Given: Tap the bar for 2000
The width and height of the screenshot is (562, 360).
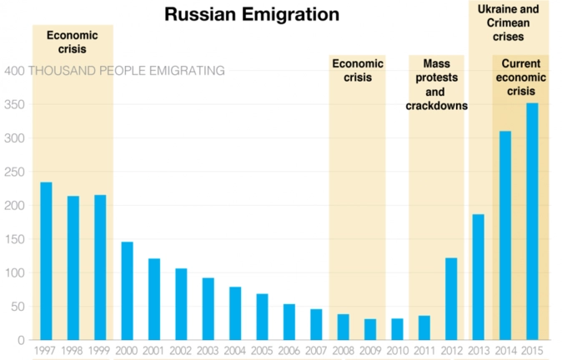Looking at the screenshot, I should pyautogui.click(x=127, y=291).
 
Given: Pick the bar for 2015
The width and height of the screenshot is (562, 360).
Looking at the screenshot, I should pyautogui.click(x=532, y=222).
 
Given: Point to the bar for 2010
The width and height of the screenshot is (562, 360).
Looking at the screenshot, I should pyautogui.click(x=397, y=329).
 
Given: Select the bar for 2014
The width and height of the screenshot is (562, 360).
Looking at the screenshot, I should pyautogui.click(x=505, y=235).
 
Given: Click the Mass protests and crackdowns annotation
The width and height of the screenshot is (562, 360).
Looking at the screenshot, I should pyautogui.click(x=436, y=85).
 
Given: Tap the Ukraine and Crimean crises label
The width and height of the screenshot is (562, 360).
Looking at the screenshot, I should pyautogui.click(x=508, y=23).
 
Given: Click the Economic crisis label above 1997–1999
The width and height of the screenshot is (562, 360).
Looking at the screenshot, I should pyautogui.click(x=73, y=42).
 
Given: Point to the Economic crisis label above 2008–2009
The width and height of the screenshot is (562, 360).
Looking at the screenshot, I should pyautogui.click(x=358, y=70).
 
